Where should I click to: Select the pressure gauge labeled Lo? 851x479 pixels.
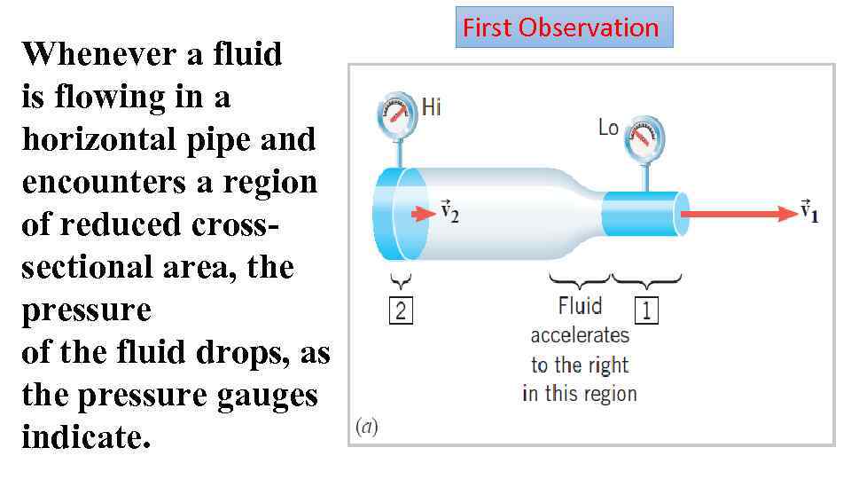(x=643, y=137)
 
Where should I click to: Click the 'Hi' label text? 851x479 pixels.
(x=432, y=107)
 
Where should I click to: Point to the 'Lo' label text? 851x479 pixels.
(x=608, y=128)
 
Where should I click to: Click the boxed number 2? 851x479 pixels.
(x=401, y=311)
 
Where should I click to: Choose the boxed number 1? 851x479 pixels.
(x=646, y=310)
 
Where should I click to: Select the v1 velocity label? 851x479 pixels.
(x=808, y=211)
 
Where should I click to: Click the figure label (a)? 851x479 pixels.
(x=366, y=428)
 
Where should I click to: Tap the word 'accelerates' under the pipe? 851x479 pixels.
(x=580, y=335)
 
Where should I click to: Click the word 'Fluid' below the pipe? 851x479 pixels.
(x=580, y=306)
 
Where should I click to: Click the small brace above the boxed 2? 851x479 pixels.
(x=401, y=282)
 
